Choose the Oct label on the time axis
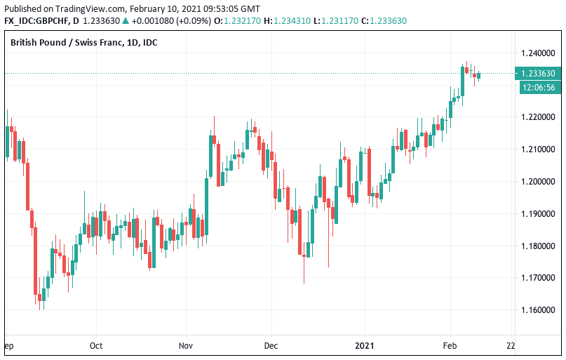click(x=96, y=346)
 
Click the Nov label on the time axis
click(x=186, y=346)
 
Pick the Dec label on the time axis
click(x=271, y=346)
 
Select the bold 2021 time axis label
click(x=365, y=346)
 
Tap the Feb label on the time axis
click(x=450, y=346)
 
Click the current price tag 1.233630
click(x=538, y=74)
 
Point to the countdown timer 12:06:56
click(x=538, y=88)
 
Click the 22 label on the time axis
click(x=511, y=346)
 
